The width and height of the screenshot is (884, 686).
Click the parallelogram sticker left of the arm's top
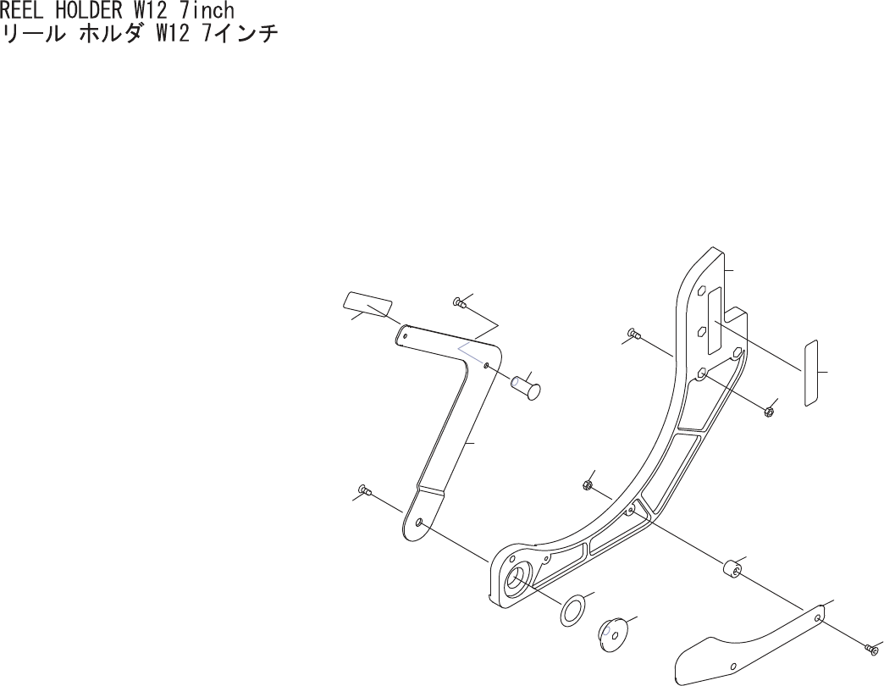click(368, 304)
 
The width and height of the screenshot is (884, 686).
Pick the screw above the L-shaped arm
click(460, 302)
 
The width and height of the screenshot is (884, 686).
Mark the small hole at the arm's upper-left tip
click(406, 335)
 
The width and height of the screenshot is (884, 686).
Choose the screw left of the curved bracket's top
click(633, 331)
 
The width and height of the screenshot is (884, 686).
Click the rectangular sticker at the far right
click(810, 373)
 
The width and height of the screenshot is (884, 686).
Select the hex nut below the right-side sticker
click(769, 412)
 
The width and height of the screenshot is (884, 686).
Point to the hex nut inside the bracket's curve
click(587, 484)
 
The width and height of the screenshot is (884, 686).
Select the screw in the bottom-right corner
click(872, 648)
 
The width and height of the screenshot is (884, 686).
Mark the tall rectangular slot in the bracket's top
click(714, 322)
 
